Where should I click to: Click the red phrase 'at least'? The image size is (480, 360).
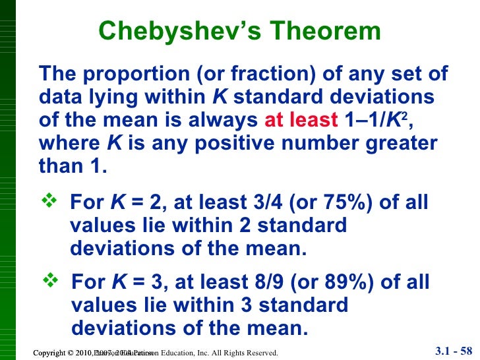coord(301,121)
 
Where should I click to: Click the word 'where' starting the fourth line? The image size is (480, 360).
coord(69,143)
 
